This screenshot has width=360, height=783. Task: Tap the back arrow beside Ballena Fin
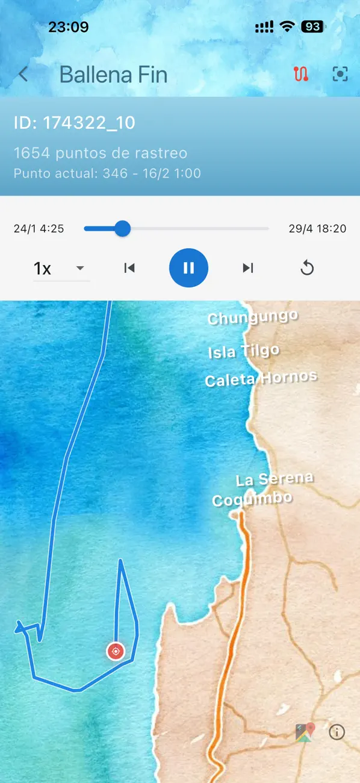(x=23, y=74)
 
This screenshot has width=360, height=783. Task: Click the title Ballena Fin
(x=113, y=75)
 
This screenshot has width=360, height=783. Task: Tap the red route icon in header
(x=301, y=74)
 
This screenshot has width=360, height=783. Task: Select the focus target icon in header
(x=340, y=74)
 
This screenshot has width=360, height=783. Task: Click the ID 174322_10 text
(x=75, y=123)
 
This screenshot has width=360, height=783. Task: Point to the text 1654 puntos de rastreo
(x=101, y=153)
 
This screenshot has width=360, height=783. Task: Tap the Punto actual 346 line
(x=107, y=173)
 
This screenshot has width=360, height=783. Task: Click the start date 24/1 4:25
(x=39, y=229)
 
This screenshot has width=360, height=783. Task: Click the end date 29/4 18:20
(x=317, y=229)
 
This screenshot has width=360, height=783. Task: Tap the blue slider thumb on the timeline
(x=123, y=228)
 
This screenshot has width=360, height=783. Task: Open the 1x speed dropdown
(x=60, y=268)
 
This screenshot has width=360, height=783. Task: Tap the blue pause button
(x=188, y=268)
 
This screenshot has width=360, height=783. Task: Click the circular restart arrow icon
(x=307, y=268)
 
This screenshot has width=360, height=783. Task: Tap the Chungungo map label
(x=253, y=317)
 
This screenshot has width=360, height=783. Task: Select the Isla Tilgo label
(x=243, y=351)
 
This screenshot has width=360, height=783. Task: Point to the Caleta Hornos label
(x=261, y=379)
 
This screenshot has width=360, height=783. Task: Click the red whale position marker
(x=115, y=651)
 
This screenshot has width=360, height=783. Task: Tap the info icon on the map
(x=337, y=732)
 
